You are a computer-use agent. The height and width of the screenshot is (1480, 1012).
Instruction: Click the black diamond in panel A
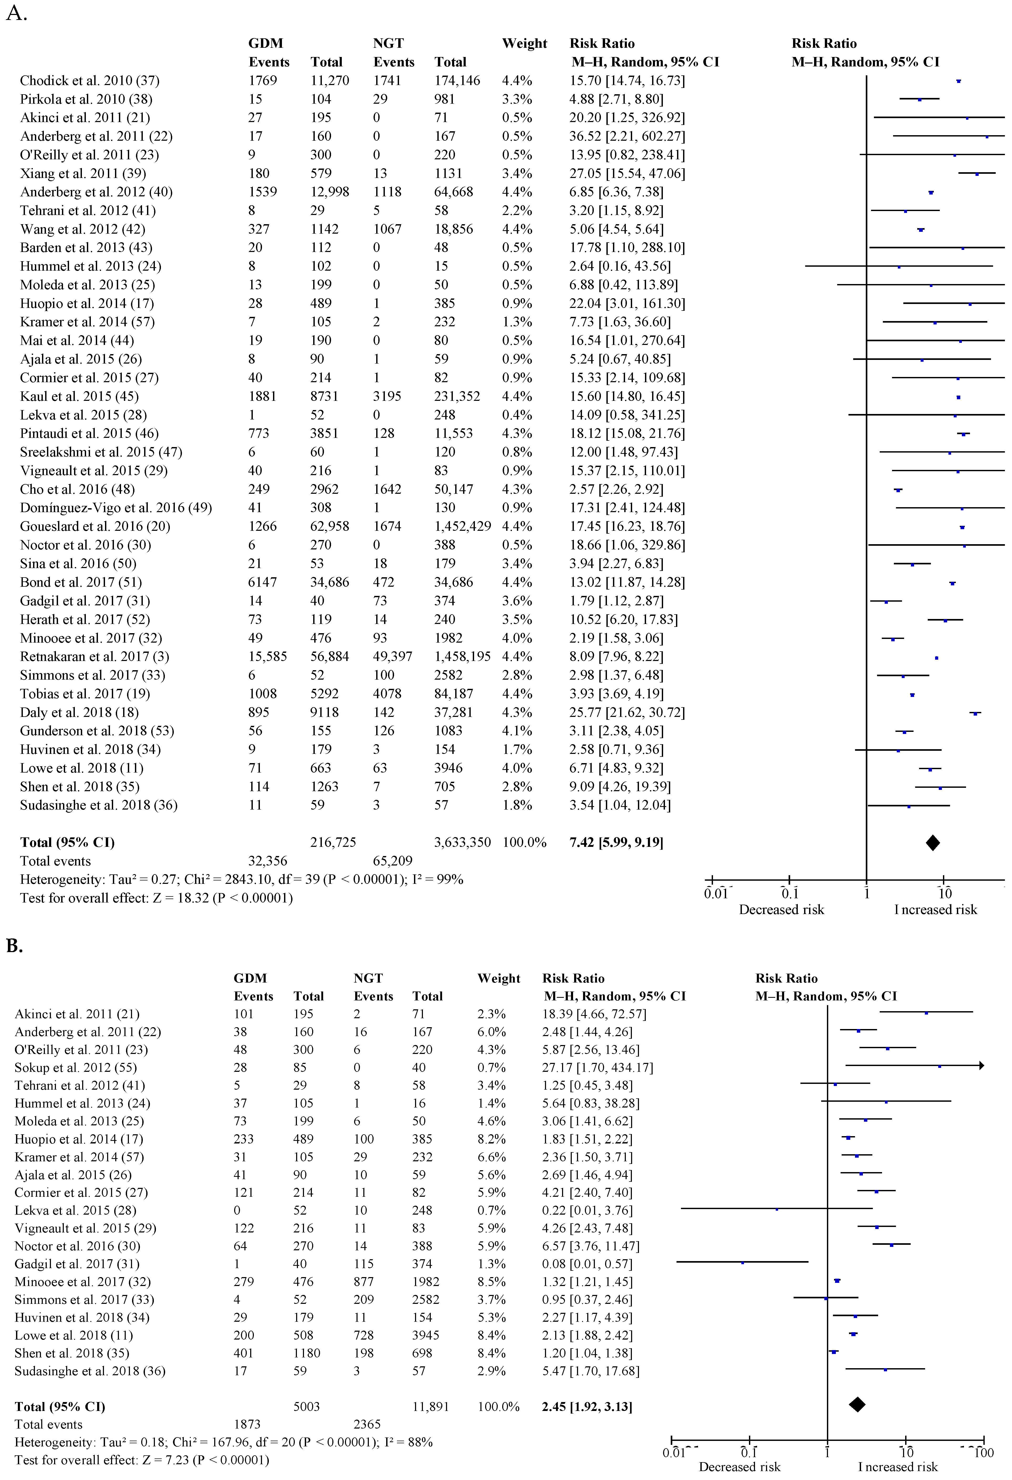(x=932, y=843)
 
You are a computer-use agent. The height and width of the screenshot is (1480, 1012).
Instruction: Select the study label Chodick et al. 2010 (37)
(x=89, y=80)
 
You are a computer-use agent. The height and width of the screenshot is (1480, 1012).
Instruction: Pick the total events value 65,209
(x=392, y=861)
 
